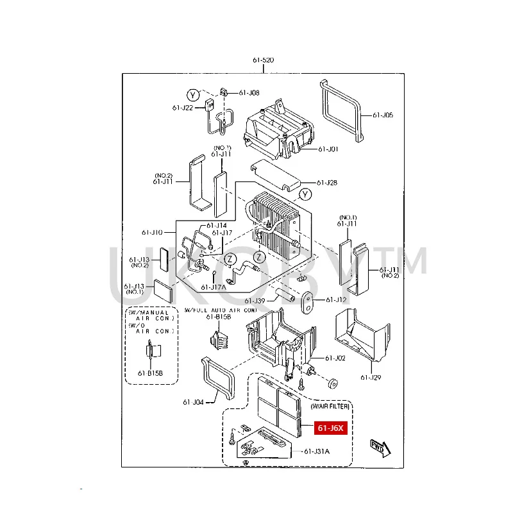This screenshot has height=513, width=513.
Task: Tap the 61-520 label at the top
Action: tap(263, 60)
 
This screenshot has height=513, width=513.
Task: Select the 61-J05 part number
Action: tap(383, 115)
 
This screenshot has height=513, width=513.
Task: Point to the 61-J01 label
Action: tap(328, 149)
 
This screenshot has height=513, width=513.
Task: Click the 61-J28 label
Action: tap(327, 183)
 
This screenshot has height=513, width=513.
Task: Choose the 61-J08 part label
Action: tap(249, 93)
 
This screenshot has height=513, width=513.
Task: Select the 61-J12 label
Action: tap(335, 299)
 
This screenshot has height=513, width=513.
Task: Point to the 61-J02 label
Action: tap(335, 358)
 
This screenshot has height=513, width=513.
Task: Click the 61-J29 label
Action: tap(371, 377)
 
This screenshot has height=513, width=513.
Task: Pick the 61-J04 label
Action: tap(192, 402)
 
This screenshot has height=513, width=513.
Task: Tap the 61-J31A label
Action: tap(317, 451)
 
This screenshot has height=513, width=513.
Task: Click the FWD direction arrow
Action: tap(377, 447)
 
